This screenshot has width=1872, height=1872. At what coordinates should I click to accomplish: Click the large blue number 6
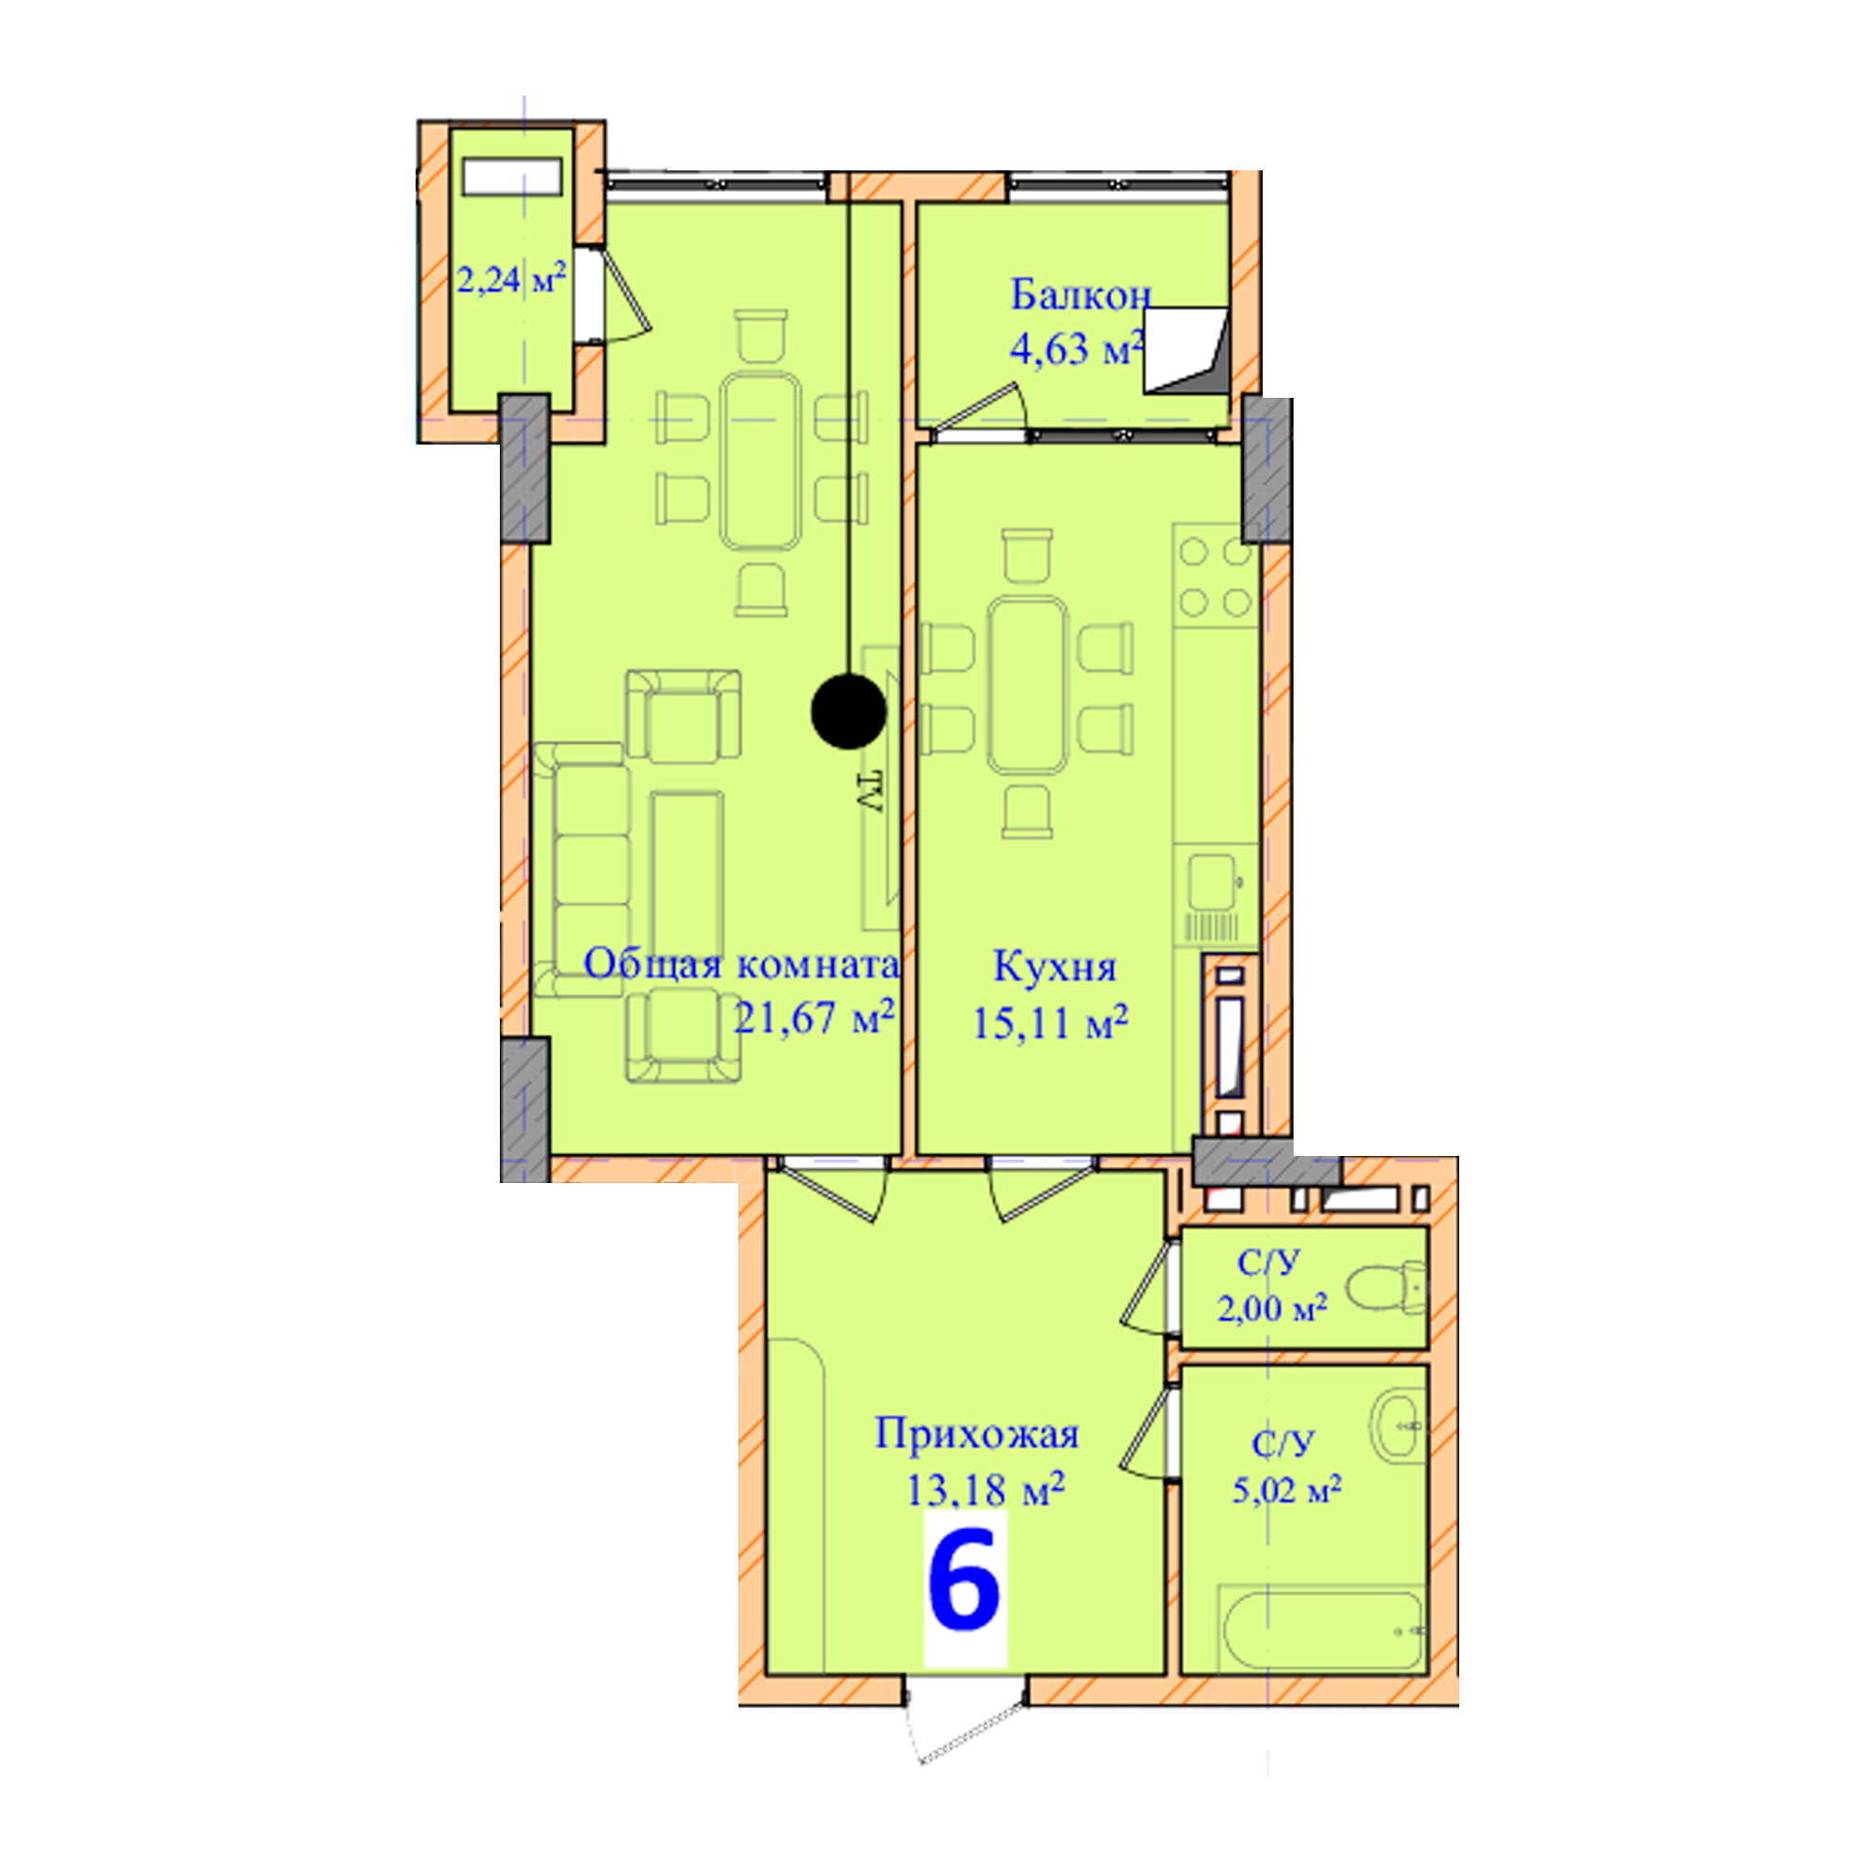[964, 1580]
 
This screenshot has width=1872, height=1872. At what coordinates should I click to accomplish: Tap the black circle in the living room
[849, 712]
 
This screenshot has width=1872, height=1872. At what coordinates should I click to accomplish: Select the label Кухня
[1054, 967]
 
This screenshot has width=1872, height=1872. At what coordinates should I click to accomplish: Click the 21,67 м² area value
[813, 1018]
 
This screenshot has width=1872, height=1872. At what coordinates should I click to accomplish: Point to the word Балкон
[1080, 295]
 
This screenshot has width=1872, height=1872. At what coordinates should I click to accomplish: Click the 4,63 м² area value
[1076, 349]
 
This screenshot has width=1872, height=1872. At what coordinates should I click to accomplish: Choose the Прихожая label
[976, 1435]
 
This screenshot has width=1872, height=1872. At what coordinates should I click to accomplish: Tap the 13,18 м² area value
[986, 1489]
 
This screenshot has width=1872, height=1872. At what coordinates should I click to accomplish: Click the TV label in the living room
[870, 792]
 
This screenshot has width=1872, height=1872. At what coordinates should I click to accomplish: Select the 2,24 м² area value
[511, 280]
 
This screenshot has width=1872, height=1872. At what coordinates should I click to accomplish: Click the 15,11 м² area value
[1050, 1023]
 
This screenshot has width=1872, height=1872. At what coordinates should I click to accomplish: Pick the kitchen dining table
[1028, 685]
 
